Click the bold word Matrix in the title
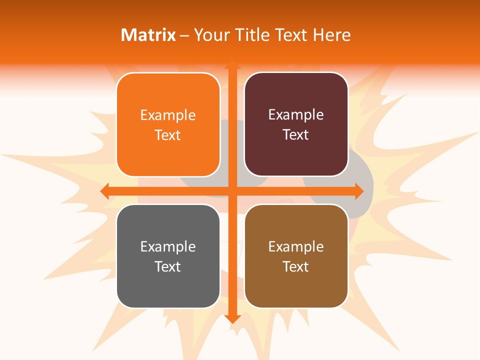(x=148, y=35)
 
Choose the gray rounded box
(x=168, y=285)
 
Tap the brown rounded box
(x=296, y=285)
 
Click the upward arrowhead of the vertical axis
(x=232, y=64)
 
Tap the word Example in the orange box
(x=168, y=115)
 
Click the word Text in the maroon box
(x=296, y=135)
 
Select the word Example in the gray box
(x=168, y=247)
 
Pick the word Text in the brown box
(x=296, y=266)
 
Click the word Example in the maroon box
(x=296, y=115)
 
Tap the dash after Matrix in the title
(x=184, y=35)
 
